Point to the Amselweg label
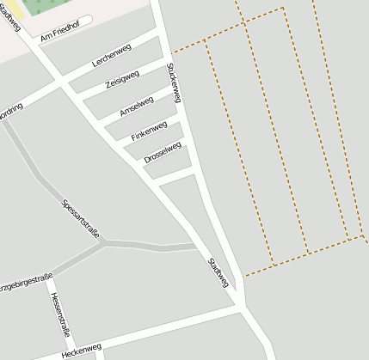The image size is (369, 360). pos(137,106)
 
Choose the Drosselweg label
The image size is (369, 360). pos(163,154)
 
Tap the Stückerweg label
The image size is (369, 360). pos(175,82)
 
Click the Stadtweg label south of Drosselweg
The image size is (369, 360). pos(218,272)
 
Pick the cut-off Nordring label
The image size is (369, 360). pos(10,112)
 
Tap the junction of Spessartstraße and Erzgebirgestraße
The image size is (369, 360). pos(103,244)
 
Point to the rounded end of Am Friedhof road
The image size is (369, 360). pos(88,20)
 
